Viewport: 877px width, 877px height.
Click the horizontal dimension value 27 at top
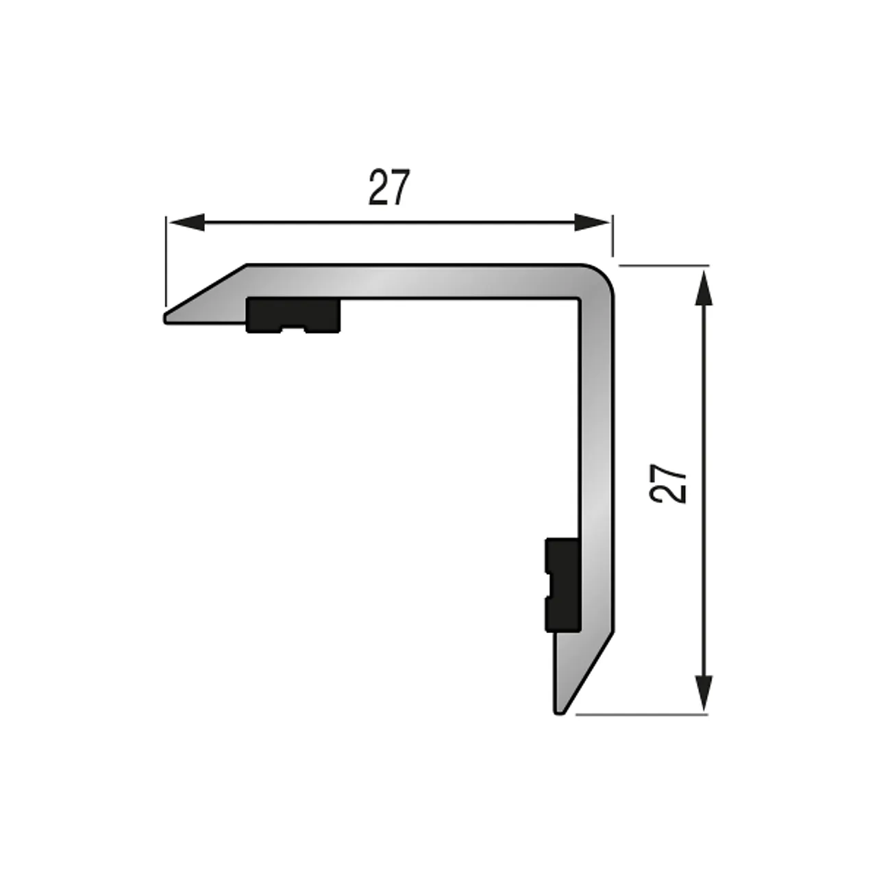click(x=389, y=187)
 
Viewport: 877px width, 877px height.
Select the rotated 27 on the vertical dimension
click(x=669, y=484)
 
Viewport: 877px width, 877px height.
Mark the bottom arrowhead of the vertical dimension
click(x=703, y=693)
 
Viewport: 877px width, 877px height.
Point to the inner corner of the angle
click(x=580, y=299)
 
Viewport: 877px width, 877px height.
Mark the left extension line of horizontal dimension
click(x=165, y=260)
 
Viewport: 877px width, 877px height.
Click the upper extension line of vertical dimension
click(x=665, y=264)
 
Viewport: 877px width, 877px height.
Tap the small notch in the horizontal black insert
click(x=293, y=330)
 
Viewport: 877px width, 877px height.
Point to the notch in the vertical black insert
click(x=547, y=584)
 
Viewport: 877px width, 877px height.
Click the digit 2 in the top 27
click(x=378, y=187)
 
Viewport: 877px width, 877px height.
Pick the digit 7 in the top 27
click(x=401, y=187)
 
